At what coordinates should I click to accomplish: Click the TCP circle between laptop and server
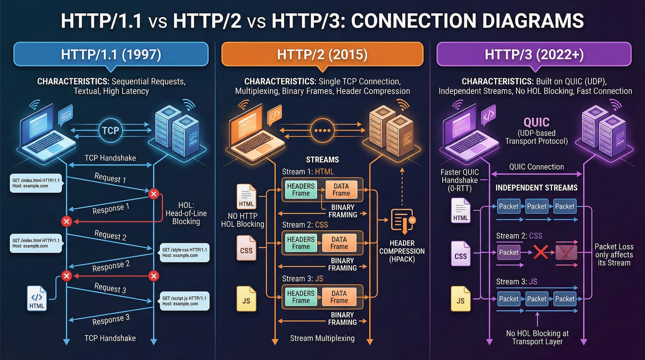coord(111,130)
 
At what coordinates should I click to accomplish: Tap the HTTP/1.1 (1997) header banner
coord(111,54)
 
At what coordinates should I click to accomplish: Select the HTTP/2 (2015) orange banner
coord(322,54)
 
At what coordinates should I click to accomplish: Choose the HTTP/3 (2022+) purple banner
coord(534,54)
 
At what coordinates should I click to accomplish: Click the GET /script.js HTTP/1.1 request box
coord(184,301)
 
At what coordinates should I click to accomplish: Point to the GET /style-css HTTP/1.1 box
coord(184,253)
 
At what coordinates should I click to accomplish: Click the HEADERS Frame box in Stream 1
coord(301,190)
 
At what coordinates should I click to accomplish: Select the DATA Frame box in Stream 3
coord(339,297)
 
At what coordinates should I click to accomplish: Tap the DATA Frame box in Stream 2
coord(339,243)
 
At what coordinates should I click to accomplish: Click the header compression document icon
coord(402,221)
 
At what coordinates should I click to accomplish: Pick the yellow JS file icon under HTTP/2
coord(246,299)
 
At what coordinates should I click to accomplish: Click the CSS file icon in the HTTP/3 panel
coord(461,254)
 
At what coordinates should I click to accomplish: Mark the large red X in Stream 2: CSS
coord(541,252)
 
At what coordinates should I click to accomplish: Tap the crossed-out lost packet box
coord(566,252)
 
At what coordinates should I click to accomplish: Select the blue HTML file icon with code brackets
coord(37,298)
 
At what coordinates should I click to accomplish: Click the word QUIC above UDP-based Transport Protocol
coord(536,122)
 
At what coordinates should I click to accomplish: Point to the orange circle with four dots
coord(322,131)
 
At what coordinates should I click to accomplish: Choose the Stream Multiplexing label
coord(322,338)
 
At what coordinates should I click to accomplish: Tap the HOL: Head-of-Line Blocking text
coord(186,213)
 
